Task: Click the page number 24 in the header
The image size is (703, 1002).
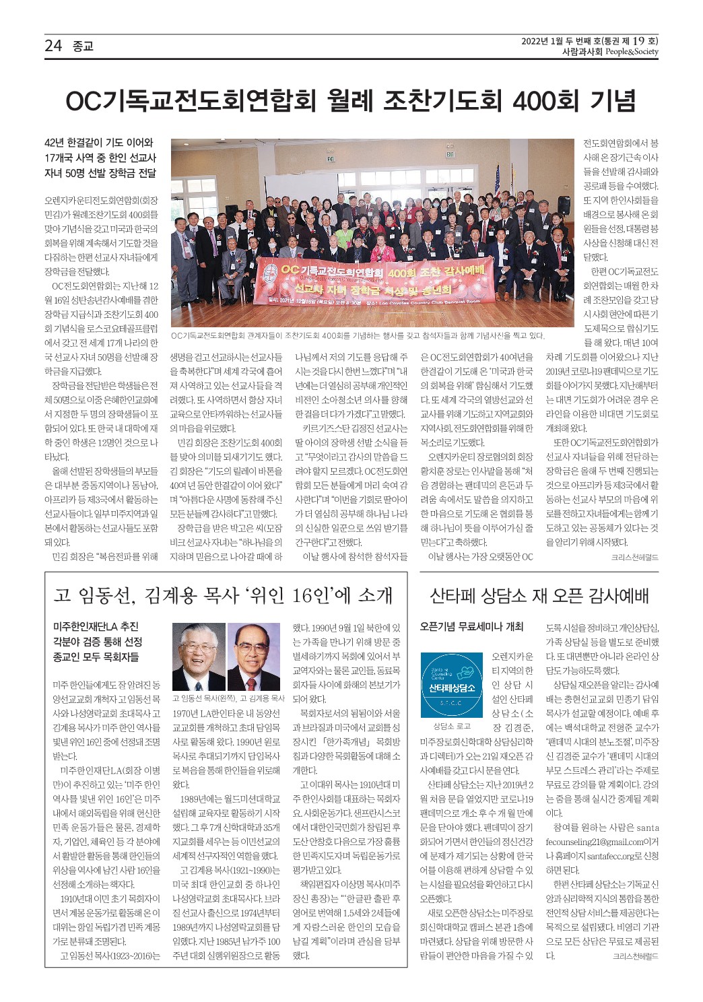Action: pyautogui.click(x=53, y=45)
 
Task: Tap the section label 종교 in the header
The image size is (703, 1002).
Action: pyautogui.click(x=83, y=46)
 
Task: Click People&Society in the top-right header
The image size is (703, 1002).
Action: pyautogui.click(x=631, y=52)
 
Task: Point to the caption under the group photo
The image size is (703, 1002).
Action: pyautogui.click(x=358, y=335)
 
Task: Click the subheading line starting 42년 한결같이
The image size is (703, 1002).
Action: pyautogui.click(x=99, y=143)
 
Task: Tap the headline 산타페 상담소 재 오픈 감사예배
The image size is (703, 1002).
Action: pyautogui.click(x=539, y=595)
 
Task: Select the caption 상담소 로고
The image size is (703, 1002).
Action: pyautogui.click(x=452, y=726)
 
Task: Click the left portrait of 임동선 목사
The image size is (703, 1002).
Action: pyautogui.click(x=198, y=657)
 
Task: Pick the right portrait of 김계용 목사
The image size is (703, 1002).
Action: pyautogui.click(x=253, y=657)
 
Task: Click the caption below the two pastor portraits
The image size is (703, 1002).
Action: pyautogui.click(x=228, y=698)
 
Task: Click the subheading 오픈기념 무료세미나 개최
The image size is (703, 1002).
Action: pyautogui.click(x=471, y=626)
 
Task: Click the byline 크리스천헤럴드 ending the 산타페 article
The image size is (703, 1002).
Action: pyautogui.click(x=635, y=956)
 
